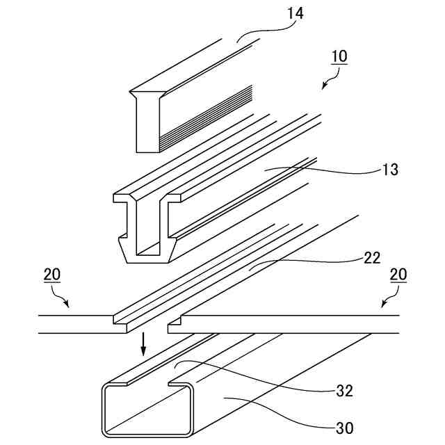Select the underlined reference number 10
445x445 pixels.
(x=339, y=56)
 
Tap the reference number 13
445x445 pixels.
(x=389, y=170)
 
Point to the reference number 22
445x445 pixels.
(x=372, y=259)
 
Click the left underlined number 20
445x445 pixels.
(x=51, y=275)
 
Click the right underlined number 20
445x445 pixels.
(x=398, y=275)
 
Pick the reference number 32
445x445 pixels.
(x=344, y=391)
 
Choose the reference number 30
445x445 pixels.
(x=344, y=428)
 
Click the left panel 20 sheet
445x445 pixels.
(x=76, y=324)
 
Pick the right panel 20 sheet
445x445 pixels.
(x=292, y=324)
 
